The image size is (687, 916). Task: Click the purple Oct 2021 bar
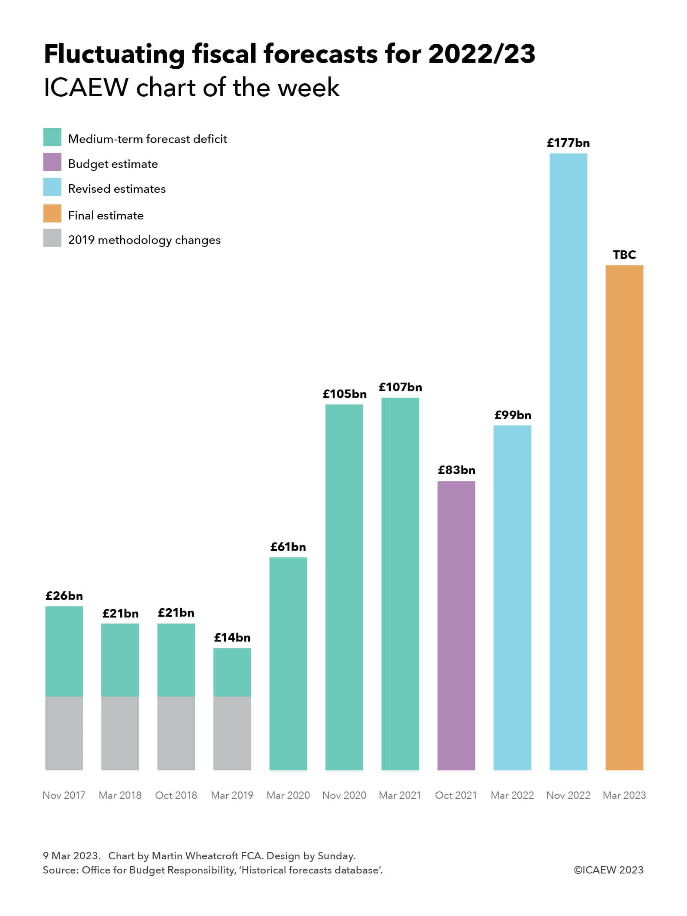(x=456, y=625)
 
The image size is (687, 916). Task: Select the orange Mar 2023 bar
(x=624, y=517)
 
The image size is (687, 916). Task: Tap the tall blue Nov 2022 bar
(x=568, y=462)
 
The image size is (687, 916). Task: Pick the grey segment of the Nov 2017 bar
(x=64, y=733)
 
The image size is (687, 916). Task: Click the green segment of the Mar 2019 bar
(x=232, y=672)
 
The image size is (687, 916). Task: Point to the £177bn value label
(x=568, y=143)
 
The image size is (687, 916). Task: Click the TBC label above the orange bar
(x=624, y=255)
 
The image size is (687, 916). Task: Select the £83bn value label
(x=456, y=470)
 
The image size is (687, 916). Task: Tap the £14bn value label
(x=232, y=637)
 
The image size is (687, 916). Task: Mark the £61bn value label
(x=288, y=547)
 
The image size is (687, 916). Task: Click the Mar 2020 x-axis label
(x=288, y=795)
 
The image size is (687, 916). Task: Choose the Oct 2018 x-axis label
(x=176, y=795)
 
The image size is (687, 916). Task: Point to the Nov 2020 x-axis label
(x=344, y=795)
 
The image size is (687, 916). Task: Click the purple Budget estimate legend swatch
(x=52, y=162)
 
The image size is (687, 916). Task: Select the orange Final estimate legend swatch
(x=52, y=213)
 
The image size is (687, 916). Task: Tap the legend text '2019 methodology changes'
(x=144, y=240)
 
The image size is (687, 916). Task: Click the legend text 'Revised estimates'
(x=117, y=189)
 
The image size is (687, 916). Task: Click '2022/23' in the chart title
(x=482, y=54)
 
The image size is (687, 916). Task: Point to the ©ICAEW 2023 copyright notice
(x=608, y=870)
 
